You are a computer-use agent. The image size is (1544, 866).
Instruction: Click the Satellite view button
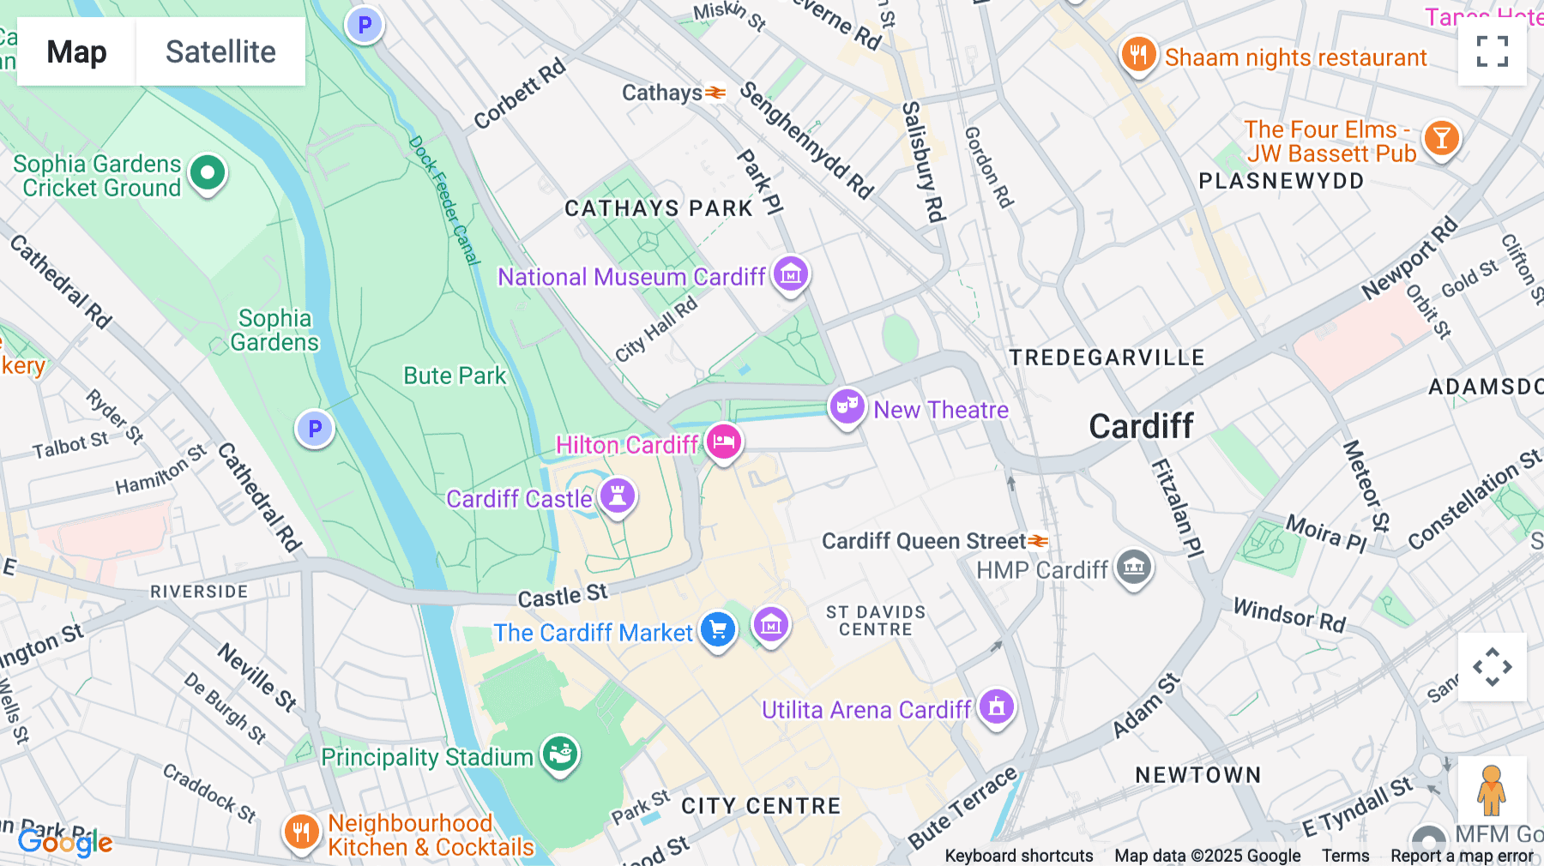click(220, 51)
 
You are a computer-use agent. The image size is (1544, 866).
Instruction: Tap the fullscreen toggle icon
click(1492, 51)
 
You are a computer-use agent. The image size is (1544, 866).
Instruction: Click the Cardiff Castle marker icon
click(617, 496)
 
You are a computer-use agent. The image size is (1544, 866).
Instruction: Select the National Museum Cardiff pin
click(790, 274)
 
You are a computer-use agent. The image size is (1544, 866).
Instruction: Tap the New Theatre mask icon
click(847, 406)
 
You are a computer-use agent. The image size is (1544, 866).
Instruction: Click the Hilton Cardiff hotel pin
click(723, 442)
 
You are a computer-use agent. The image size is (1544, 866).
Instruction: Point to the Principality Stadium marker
click(560, 755)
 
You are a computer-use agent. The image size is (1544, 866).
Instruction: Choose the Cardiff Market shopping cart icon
click(718, 630)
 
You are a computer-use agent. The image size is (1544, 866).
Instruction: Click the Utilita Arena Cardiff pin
click(996, 707)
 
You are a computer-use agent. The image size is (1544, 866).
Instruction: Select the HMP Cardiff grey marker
click(1134, 567)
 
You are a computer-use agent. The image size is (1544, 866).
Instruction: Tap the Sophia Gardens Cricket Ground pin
click(207, 173)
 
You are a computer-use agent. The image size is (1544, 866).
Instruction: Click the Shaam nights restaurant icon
click(1138, 56)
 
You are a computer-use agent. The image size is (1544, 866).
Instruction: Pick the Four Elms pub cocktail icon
click(1441, 138)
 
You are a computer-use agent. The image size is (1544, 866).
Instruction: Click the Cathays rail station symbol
click(715, 93)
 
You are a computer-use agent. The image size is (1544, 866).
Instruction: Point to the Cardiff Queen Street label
click(923, 541)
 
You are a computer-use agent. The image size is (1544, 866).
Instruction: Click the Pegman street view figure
click(1491, 791)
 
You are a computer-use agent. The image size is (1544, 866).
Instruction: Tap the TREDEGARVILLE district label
click(1107, 358)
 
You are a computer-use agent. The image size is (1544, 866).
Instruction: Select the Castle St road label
click(562, 595)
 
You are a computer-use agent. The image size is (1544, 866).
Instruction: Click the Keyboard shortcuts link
click(1018, 855)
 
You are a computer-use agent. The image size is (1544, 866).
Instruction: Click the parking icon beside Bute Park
click(315, 429)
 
